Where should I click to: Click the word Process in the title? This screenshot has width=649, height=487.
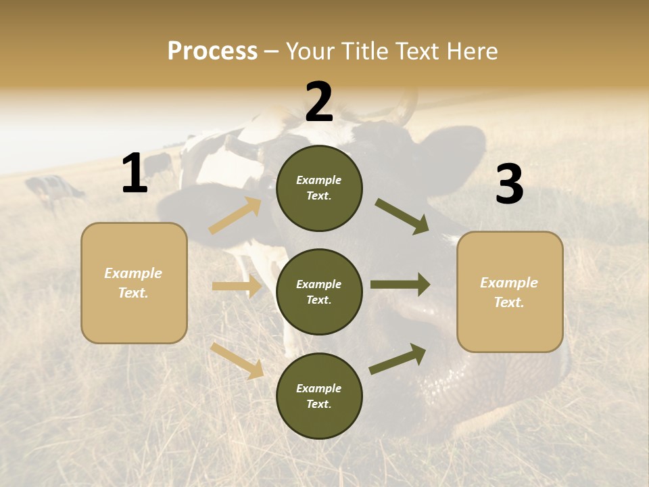coord(212,51)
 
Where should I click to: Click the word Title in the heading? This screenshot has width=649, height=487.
coord(363,51)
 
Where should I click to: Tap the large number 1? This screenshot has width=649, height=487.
coord(135,174)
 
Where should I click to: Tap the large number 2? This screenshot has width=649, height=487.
coord(319,102)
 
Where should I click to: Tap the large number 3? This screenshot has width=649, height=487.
coord(509,185)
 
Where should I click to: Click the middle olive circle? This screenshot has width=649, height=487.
coord(319,292)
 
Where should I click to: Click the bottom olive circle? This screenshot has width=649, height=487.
coord(319,396)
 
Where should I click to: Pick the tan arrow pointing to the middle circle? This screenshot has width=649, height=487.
coord(237,287)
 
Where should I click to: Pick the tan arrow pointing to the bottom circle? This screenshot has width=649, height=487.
coord(237,361)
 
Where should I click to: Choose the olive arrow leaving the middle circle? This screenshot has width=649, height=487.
coord(400,285)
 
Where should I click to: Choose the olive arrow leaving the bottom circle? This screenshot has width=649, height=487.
coord(398,358)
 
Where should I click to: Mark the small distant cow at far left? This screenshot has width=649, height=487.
coord(54,189)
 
